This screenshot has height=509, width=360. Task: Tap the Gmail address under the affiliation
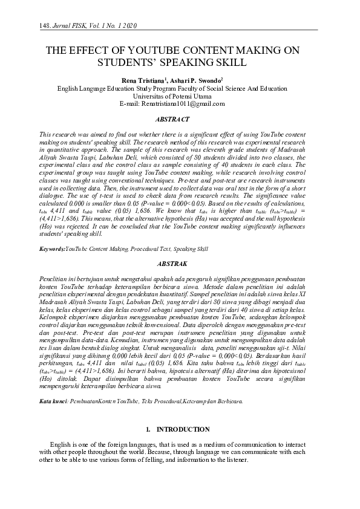191,103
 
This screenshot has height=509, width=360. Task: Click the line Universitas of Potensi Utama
180,96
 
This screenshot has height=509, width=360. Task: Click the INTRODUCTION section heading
183,429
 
